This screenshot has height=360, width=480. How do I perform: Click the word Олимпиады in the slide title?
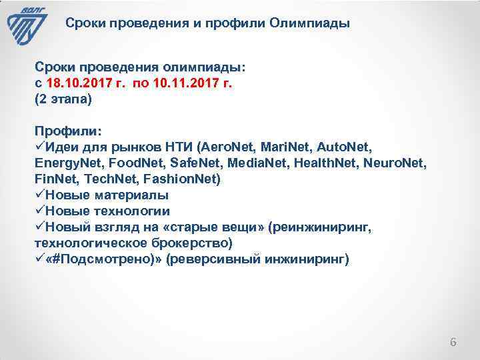[x=310, y=24]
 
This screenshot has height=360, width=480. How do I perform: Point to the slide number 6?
[x=453, y=343]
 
